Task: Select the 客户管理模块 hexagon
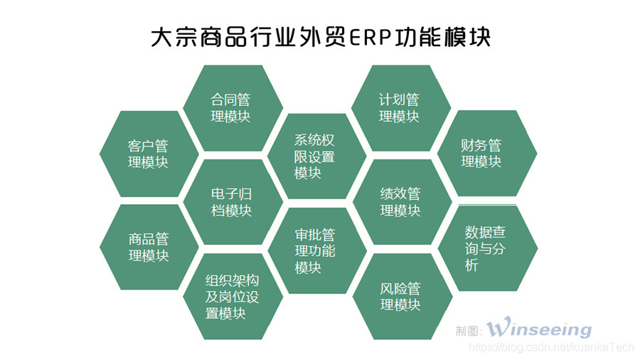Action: (149, 154)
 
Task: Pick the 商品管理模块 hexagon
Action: (149, 247)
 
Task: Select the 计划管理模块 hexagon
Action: (399, 107)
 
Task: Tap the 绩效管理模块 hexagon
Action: (400, 202)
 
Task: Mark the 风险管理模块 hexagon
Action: (400, 297)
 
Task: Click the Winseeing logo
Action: (539, 329)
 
